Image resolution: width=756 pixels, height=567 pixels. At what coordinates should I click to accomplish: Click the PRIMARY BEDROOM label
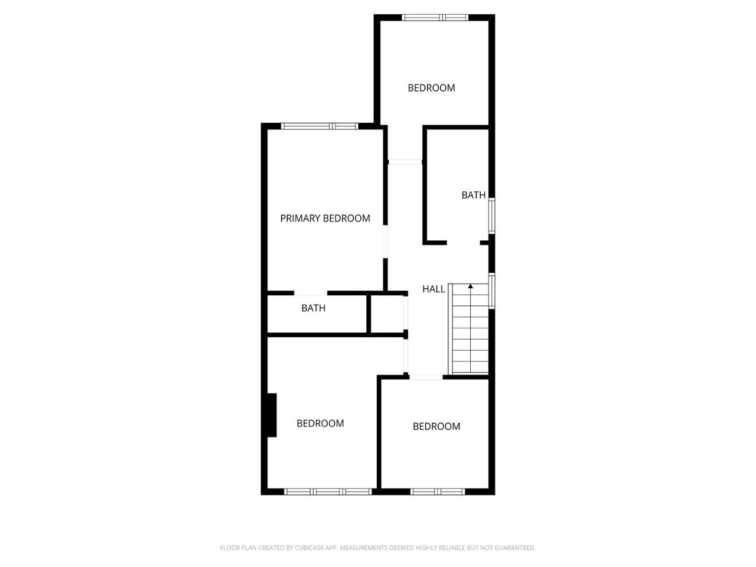tap(325, 219)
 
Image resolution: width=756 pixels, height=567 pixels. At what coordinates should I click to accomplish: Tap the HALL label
tap(434, 289)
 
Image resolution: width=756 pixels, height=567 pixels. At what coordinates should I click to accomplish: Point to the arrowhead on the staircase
tap(471, 286)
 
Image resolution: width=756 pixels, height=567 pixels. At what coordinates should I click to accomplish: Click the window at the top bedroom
tap(435, 18)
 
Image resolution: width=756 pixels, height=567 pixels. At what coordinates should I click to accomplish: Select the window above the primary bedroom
tap(320, 126)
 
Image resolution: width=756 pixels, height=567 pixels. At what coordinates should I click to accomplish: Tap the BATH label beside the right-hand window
tap(473, 195)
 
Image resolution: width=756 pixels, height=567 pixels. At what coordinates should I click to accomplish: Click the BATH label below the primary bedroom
tap(313, 308)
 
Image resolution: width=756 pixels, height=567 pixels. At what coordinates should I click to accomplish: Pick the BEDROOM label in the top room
tap(431, 88)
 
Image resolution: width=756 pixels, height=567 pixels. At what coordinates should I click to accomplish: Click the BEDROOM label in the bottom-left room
tap(320, 423)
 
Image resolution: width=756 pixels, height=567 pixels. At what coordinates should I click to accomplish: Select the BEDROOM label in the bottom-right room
tap(436, 426)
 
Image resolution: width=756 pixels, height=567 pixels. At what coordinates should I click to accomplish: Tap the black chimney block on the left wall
tap(272, 415)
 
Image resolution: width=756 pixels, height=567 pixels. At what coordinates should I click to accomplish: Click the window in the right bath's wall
tap(492, 216)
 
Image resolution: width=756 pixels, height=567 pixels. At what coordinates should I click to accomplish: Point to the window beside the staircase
tap(492, 291)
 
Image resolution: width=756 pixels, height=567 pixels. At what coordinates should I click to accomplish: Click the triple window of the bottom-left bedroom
tap(328, 491)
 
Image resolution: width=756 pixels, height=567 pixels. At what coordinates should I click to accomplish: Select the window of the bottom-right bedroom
tap(438, 491)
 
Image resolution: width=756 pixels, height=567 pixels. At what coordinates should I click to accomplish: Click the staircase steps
tap(469, 329)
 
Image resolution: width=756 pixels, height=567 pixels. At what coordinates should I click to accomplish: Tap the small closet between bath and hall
tap(387, 314)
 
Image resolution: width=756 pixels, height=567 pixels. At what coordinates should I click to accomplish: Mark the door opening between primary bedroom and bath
tap(310, 294)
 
